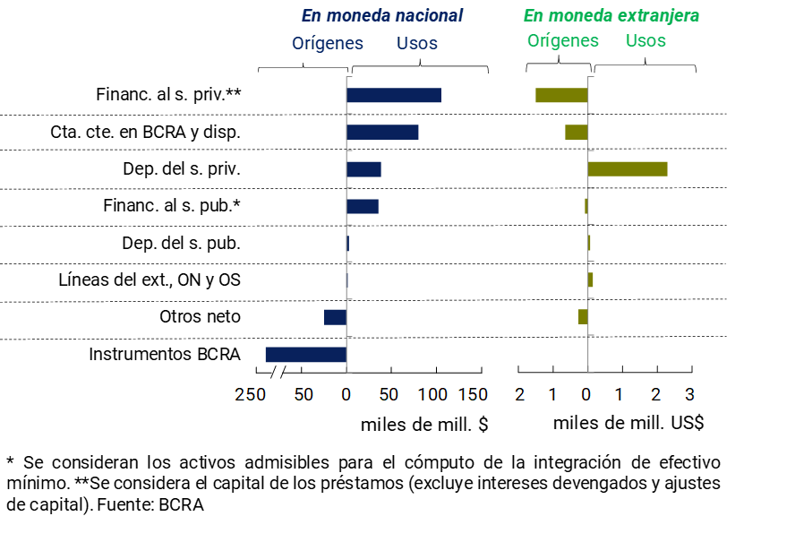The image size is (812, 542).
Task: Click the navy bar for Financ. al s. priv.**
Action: click(394, 95)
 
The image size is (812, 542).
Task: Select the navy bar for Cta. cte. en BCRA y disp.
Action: click(382, 133)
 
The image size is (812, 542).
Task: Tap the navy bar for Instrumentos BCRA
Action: click(306, 355)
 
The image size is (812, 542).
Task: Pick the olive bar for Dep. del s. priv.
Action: click(628, 169)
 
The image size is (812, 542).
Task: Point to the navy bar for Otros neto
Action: click(335, 317)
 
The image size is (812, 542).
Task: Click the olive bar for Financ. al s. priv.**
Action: click(561, 95)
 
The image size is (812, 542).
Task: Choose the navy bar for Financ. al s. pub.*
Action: click(363, 206)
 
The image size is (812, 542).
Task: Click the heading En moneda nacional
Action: click(382, 16)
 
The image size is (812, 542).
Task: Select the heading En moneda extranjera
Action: click(611, 16)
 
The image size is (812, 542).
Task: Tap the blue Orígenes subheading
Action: click(328, 43)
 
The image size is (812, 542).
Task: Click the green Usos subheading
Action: click(645, 40)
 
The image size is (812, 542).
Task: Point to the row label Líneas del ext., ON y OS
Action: click(150, 280)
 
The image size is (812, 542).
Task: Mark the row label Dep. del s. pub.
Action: click(181, 243)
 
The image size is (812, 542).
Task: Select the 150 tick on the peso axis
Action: click(474, 394)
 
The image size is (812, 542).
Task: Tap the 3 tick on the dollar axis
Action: click(689, 394)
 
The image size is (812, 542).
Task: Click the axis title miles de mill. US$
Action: click(628, 423)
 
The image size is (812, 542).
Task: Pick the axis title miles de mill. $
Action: click(424, 424)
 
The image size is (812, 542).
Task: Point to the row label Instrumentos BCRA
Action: click(165, 354)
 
